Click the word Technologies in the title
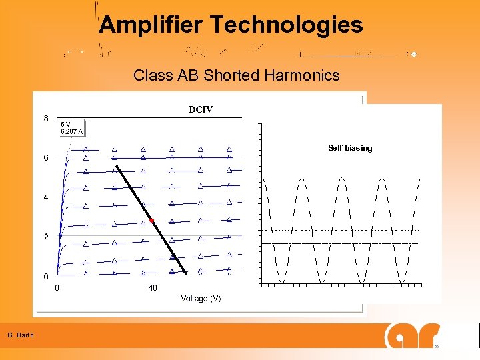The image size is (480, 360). pyautogui.click(x=287, y=25)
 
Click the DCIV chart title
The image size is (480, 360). pyautogui.click(x=200, y=109)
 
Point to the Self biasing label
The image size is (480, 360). pyautogui.click(x=350, y=148)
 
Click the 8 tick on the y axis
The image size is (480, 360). pyautogui.click(x=46, y=119)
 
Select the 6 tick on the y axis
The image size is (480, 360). pyautogui.click(x=46, y=158)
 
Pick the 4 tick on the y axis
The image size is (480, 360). pyautogui.click(x=46, y=197)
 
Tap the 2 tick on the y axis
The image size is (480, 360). pyautogui.click(x=46, y=237)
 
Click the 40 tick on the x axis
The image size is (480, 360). pyautogui.click(x=153, y=288)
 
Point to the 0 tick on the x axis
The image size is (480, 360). pyautogui.click(x=57, y=288)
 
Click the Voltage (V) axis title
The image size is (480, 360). pyautogui.click(x=201, y=299)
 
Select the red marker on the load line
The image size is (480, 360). pyautogui.click(x=152, y=220)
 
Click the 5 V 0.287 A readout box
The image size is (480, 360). pyautogui.click(x=72, y=127)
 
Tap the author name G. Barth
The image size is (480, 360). pyautogui.click(x=21, y=335)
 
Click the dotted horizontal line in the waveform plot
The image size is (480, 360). pyautogui.click(x=340, y=230)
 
